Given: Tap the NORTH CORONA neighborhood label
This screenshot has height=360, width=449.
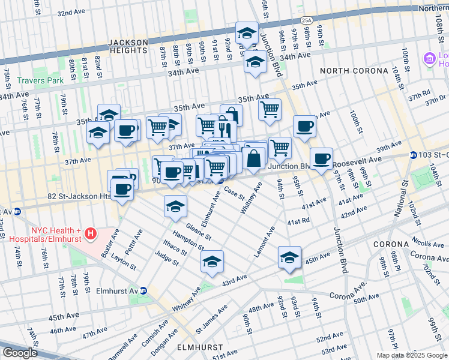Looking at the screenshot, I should pos(354,71).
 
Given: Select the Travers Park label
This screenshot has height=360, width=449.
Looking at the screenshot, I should pos(35,80).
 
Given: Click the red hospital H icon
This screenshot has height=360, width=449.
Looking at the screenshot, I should pos(90,232).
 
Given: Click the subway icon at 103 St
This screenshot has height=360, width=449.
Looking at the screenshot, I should pos(413,155).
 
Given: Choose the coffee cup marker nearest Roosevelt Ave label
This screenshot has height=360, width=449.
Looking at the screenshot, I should pos(322,158).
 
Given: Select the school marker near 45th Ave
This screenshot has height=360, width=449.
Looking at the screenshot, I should pos(289,257).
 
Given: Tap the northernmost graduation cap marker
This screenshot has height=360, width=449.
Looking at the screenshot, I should pos(246,34).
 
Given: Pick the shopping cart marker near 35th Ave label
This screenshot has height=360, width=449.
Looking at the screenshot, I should pos(270,109).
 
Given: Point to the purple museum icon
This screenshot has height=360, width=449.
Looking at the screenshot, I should pos(429,59).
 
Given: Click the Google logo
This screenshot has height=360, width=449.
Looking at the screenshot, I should pos(20,352).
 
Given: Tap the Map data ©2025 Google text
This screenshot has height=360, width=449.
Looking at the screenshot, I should pos(411,355).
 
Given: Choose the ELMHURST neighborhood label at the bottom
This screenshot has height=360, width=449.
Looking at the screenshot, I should pos(199,347).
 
